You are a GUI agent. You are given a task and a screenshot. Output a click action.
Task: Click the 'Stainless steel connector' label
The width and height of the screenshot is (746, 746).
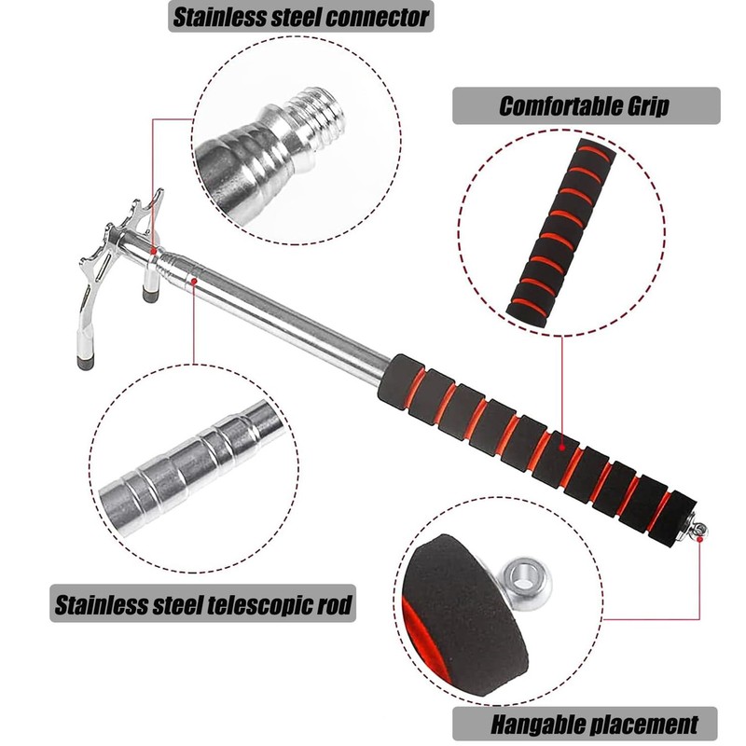coord(298,16)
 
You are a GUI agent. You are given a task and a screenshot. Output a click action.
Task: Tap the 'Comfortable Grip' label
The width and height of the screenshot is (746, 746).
coord(585,105)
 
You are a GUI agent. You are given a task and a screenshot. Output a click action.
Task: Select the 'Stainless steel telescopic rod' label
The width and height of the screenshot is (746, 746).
coord(202,605)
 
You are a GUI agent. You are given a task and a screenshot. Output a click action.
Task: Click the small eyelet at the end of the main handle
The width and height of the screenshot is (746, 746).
coord(699,532)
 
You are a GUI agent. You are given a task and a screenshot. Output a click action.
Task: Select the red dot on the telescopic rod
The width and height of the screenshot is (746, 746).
coord(193,276)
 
